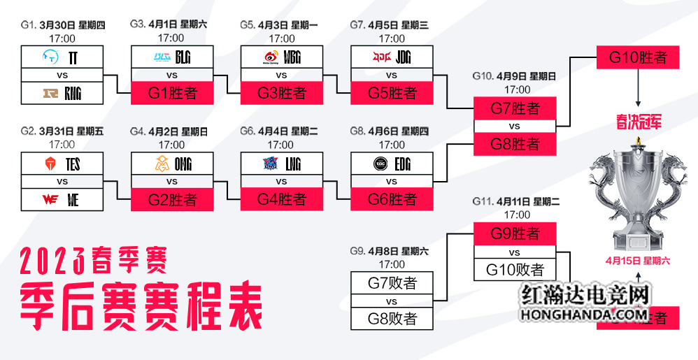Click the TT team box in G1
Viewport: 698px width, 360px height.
coord(62,57)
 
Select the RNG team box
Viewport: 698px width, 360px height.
coord(62,92)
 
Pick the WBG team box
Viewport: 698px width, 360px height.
coord(282,57)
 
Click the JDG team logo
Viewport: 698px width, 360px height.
coord(382,57)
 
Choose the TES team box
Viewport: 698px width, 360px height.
coord(62,165)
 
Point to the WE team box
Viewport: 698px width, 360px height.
coord(62,200)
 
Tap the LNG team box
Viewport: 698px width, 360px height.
coord(282,165)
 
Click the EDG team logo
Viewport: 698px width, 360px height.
coord(382,164)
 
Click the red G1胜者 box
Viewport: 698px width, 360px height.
coord(172,93)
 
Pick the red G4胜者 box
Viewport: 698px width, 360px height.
coord(282,200)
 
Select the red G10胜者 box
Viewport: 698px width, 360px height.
coord(638,57)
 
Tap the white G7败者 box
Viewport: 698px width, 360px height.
coord(392,283)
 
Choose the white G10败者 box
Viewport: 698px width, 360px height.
coord(514,269)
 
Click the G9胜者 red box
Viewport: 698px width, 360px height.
coord(514,233)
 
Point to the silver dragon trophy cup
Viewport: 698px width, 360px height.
coord(637,195)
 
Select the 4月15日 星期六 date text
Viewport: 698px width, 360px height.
coord(638,260)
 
